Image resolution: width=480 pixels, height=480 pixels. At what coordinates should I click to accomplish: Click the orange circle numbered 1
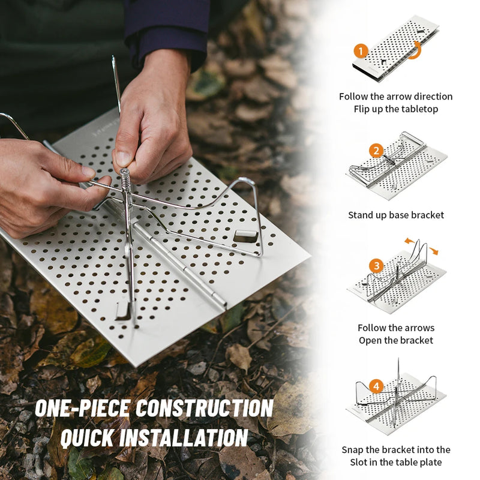(x=361, y=51)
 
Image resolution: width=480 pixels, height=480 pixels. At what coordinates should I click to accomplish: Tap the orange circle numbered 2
(x=376, y=151)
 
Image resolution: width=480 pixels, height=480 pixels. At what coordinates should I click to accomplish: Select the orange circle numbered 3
(x=376, y=266)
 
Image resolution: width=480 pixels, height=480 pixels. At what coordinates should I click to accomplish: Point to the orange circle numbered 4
(x=376, y=386)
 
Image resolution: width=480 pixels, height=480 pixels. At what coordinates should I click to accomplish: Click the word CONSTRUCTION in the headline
(x=204, y=408)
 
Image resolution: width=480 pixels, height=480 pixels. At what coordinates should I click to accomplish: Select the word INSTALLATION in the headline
(x=184, y=437)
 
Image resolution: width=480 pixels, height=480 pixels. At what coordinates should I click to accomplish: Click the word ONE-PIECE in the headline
(x=83, y=408)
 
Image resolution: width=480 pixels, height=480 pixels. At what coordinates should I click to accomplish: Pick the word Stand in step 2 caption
(x=359, y=215)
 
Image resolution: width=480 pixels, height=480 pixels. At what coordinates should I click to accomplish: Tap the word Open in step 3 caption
(x=369, y=341)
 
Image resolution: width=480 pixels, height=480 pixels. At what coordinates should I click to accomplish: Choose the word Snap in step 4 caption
(x=352, y=450)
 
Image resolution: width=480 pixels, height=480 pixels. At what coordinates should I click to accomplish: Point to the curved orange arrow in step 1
(x=417, y=51)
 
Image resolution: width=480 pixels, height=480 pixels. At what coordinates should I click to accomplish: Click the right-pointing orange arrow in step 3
(x=433, y=251)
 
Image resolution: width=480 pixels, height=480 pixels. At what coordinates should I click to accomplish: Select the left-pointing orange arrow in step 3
(x=409, y=241)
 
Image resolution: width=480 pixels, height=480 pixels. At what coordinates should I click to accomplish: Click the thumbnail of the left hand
(x=88, y=173)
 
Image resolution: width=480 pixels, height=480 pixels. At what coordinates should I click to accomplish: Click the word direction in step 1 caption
(x=429, y=97)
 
